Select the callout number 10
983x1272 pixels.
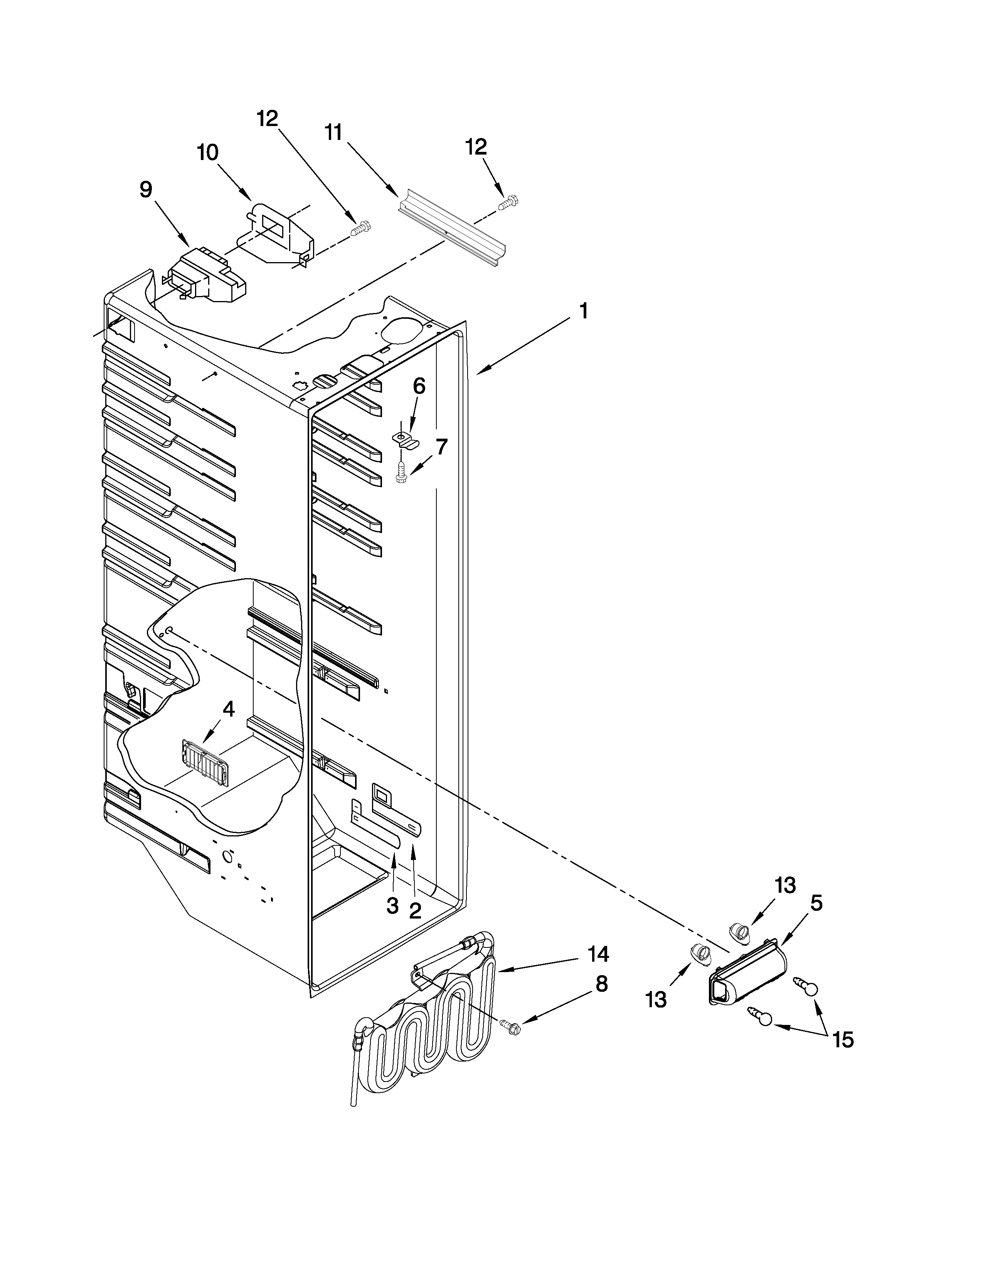pyautogui.click(x=207, y=153)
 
